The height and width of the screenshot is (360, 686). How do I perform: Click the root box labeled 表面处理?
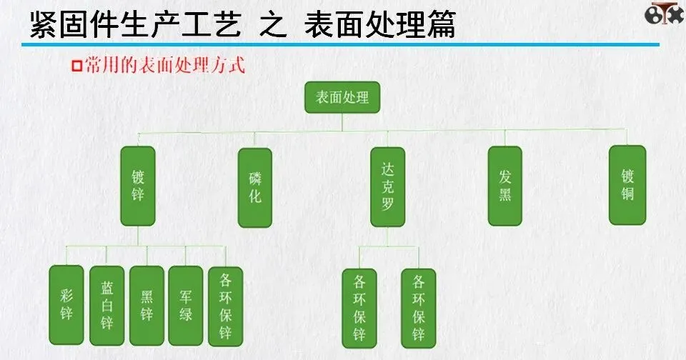342,97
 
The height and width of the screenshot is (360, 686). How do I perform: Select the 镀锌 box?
138,186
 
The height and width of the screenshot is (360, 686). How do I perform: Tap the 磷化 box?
254,187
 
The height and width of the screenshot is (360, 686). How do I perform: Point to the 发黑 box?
505,186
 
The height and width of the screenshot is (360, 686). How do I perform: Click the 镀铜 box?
627,185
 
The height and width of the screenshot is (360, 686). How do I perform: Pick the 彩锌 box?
66,306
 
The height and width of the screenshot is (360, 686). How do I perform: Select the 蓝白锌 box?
106,306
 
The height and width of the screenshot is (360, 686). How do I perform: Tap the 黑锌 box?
146,306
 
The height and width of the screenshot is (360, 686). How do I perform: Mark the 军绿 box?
186,306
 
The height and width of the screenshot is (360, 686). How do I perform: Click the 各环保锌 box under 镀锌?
226,306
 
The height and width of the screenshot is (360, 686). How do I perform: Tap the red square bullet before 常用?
77,67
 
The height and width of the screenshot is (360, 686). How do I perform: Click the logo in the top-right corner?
663,14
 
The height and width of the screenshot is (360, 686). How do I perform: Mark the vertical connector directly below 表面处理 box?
342,122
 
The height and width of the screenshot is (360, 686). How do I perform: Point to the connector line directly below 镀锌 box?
138,236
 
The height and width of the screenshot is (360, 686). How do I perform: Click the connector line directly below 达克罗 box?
388,237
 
